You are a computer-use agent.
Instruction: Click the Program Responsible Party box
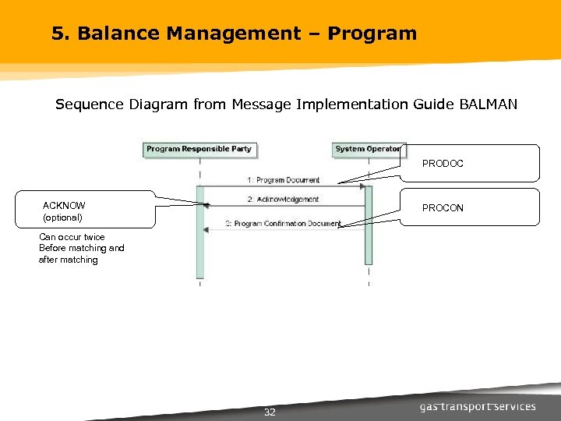pos(199,149)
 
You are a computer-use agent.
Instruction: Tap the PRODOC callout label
pos(443,164)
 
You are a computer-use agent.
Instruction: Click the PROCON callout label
pos(443,208)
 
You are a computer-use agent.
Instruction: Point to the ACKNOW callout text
pos(64,206)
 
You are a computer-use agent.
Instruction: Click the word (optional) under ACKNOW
pos(62,218)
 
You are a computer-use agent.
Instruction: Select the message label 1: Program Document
pos(284,180)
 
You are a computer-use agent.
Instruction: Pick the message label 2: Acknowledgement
pos(283,200)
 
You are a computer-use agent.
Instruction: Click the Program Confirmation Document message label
pos(283,224)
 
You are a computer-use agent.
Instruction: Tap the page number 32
pos(270,412)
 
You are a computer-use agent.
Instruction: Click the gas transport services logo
pos(478,406)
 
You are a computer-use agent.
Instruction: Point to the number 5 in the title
pos(57,34)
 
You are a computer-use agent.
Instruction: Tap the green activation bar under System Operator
pos(369,226)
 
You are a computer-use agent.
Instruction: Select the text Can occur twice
pos(72,237)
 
